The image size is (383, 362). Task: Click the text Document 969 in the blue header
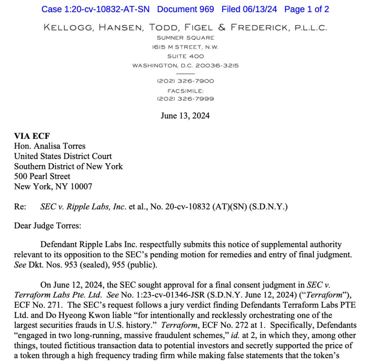[186, 9]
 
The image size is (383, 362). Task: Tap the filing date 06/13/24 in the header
[262, 9]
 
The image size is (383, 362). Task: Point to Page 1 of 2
[307, 9]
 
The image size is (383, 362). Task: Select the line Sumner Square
[186, 38]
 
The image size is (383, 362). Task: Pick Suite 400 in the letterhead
[186, 56]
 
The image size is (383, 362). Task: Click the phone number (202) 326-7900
[186, 81]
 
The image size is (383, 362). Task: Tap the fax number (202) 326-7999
[186, 99]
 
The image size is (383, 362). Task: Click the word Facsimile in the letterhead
[186, 90]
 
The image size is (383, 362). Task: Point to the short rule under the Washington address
[186, 73]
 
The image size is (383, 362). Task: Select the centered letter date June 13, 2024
[185, 116]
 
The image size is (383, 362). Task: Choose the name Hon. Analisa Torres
[50, 146]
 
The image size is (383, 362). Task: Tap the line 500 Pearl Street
[42, 176]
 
